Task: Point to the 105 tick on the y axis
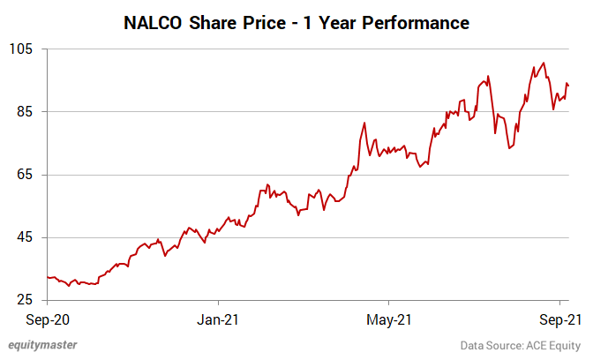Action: point(22,49)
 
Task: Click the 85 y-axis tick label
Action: point(26,112)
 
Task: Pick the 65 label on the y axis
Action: point(26,175)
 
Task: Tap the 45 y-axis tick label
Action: point(26,237)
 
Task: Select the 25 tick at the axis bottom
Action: point(26,300)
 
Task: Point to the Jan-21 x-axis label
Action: point(217,319)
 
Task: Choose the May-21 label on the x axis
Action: point(389,319)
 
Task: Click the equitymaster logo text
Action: point(42,345)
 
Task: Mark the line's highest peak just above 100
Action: point(544,63)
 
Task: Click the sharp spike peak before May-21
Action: point(364,122)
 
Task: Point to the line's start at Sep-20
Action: point(47,276)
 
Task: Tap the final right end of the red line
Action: point(569,86)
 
